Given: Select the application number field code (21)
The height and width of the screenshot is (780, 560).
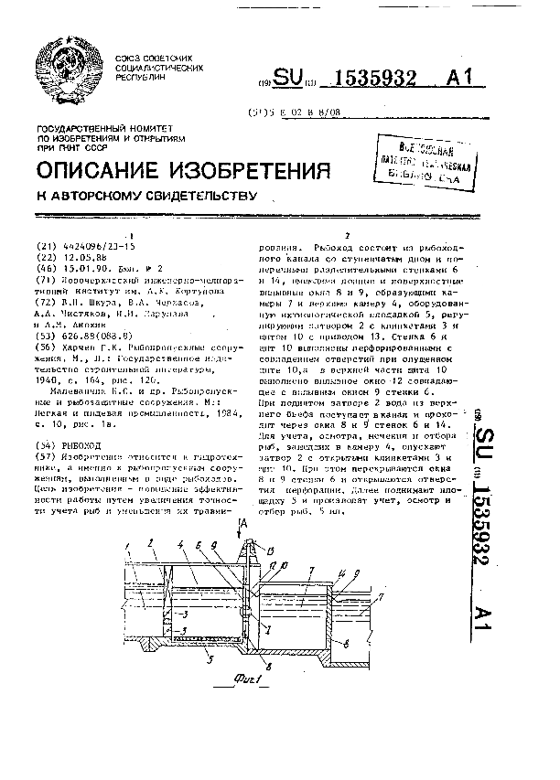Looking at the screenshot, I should click(x=45, y=247).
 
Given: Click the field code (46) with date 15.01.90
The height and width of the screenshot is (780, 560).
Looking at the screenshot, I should click(x=45, y=268).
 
